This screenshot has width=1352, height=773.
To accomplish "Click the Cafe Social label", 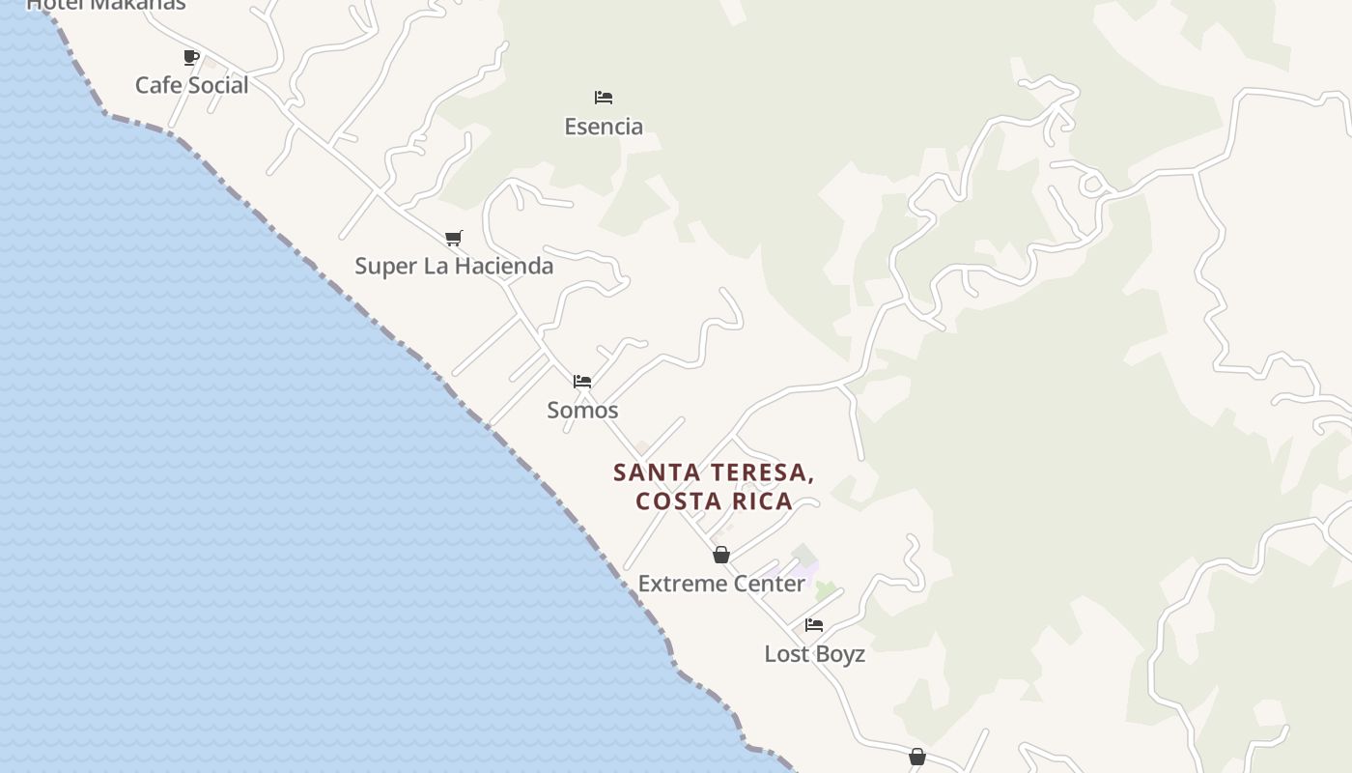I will click(x=191, y=85).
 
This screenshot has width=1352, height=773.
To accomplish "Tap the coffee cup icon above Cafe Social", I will click(x=191, y=57).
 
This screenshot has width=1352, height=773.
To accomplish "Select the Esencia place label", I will click(x=604, y=127).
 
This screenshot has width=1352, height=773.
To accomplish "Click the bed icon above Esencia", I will click(x=604, y=97).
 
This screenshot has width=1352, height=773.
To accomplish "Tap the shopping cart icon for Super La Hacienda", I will click(x=453, y=238).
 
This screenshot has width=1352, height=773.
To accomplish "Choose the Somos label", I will click(x=582, y=410).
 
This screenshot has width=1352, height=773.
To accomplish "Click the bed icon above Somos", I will click(x=582, y=382).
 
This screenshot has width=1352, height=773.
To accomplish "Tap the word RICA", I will click(x=763, y=501).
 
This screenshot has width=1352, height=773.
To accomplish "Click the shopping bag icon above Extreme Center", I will click(x=720, y=555).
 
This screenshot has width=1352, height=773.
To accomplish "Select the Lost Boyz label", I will click(x=814, y=654).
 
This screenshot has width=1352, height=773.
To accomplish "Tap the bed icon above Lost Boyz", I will click(x=814, y=625).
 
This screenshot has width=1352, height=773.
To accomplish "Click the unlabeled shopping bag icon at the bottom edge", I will click(x=916, y=757).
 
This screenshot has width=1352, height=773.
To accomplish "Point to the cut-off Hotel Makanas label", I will click(x=105, y=5).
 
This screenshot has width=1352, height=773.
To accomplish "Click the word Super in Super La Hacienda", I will click(x=384, y=266).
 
